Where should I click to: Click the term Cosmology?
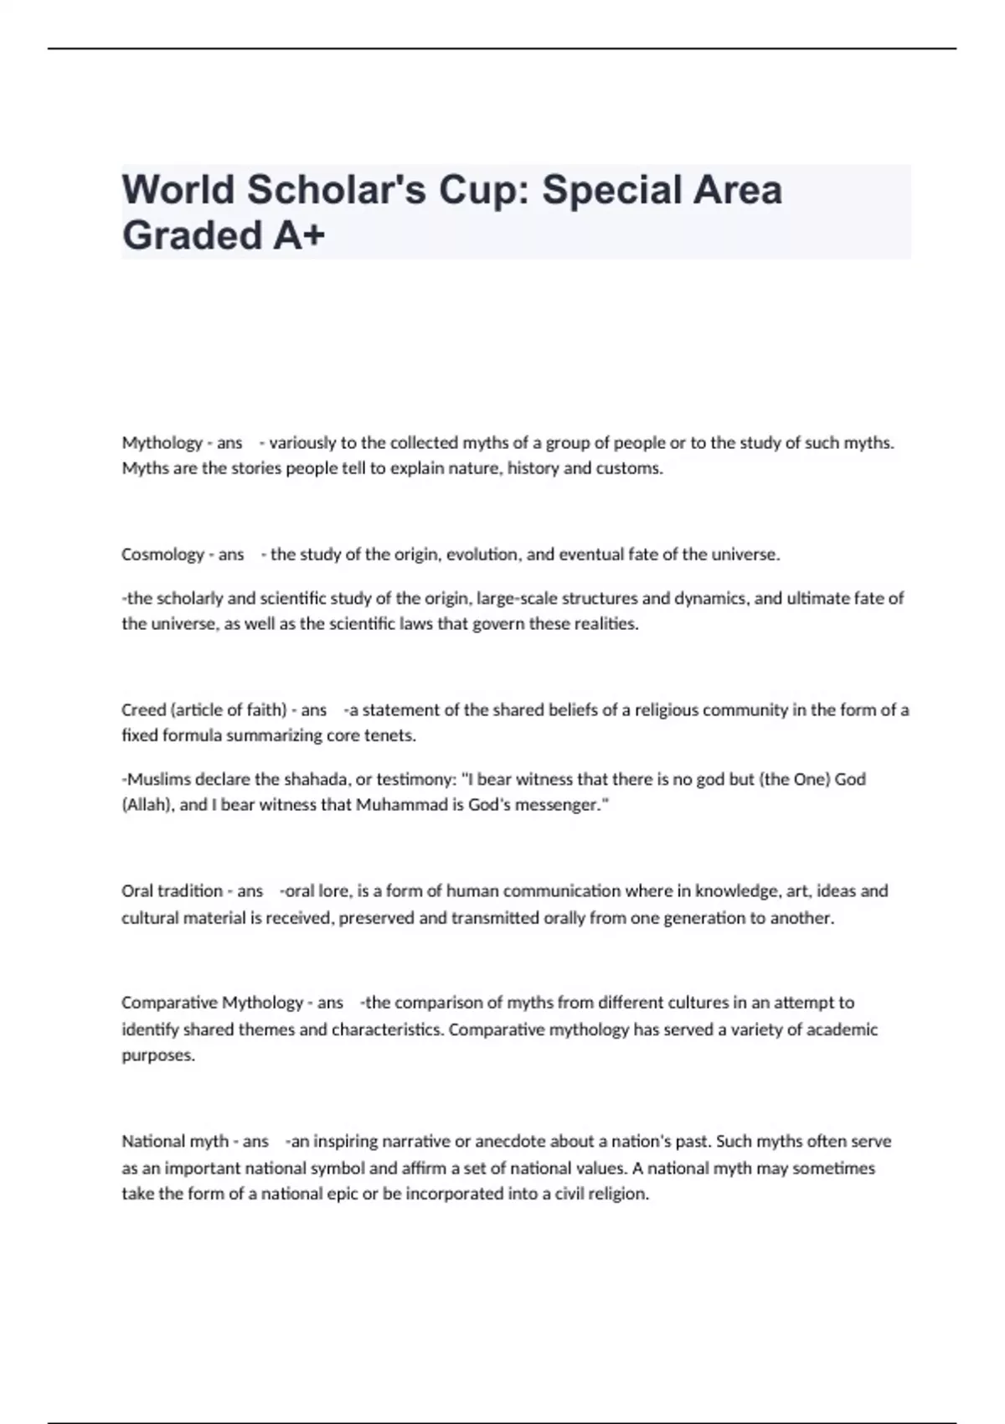162,555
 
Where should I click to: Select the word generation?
702,918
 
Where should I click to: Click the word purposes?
157,1055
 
